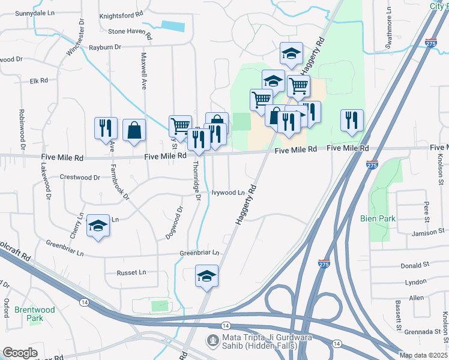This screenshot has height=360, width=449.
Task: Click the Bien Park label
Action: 378,219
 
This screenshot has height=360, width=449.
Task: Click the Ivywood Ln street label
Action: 228,193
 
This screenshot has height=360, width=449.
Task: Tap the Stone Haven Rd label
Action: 130,31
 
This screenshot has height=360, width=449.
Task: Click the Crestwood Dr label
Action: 80,178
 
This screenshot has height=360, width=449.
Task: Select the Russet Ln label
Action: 131,272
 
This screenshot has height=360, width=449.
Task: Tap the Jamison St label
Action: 427,231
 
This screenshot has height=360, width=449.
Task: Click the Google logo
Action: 20,353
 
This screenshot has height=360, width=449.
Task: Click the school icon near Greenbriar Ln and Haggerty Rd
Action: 206,276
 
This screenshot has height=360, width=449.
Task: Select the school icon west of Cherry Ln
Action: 98,226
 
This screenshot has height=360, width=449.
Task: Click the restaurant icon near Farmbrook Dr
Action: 104,128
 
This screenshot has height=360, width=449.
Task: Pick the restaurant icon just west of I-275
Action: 352,120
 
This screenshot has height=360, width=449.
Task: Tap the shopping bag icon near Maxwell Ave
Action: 134,130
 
